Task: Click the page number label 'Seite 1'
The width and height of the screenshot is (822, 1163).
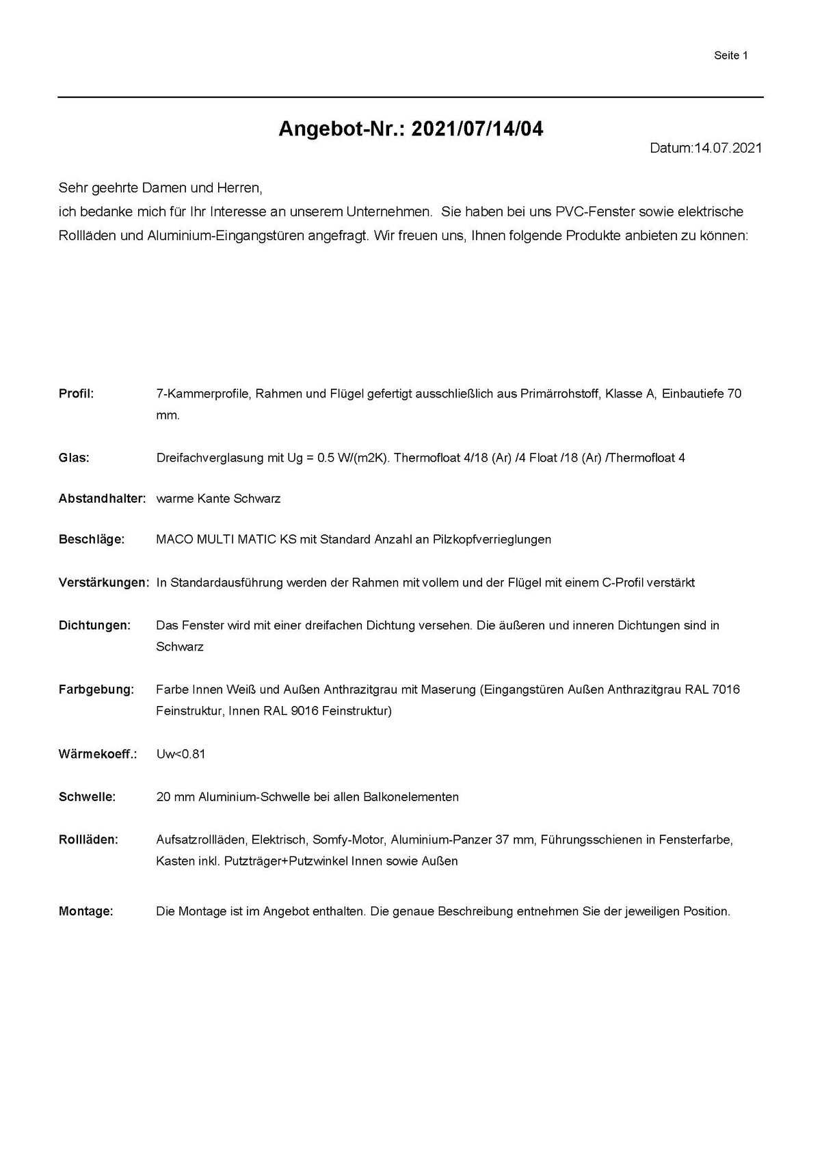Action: (730, 55)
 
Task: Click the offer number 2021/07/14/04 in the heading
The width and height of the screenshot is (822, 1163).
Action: (477, 129)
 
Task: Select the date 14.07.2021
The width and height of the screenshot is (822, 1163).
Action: (728, 148)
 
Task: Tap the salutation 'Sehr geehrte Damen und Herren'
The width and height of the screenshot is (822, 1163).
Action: (160, 187)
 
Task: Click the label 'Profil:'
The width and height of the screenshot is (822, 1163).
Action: (76, 393)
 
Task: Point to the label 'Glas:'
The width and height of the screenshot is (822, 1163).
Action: (74, 458)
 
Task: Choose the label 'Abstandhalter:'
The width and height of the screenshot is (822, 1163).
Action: (102, 499)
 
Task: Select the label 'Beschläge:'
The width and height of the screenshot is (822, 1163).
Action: (92, 539)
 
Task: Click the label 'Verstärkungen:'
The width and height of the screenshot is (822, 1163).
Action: (103, 583)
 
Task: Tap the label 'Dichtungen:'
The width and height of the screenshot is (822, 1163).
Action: (94, 625)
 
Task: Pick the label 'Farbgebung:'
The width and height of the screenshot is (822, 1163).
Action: (96, 690)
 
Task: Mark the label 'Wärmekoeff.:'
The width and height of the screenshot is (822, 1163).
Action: (98, 755)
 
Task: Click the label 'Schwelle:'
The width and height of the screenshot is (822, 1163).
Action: (87, 797)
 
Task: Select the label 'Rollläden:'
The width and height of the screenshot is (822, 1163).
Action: (88, 839)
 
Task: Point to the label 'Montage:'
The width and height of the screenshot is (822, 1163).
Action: (85, 911)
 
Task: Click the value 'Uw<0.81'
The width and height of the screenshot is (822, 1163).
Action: (181, 755)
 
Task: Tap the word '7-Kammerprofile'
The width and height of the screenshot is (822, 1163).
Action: (202, 393)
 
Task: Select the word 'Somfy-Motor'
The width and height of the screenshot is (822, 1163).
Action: (348, 839)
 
